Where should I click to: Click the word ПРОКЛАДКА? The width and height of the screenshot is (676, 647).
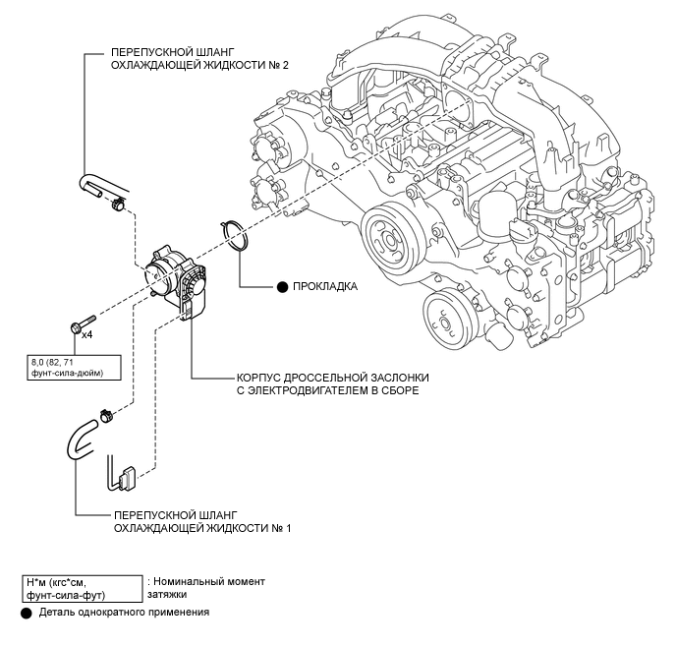click(x=325, y=287)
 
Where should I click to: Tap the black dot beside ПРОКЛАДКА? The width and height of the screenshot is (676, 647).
click(x=282, y=287)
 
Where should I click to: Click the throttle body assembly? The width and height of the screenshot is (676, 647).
click(x=176, y=282)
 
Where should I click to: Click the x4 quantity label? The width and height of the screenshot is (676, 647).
click(x=87, y=334)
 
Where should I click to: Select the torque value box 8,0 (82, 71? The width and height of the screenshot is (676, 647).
click(x=74, y=368)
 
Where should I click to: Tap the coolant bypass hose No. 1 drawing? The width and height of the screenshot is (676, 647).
click(x=81, y=440)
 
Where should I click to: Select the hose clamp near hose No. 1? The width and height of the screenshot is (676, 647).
click(x=106, y=415)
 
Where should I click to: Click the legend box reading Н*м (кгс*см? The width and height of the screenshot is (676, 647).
click(x=82, y=589)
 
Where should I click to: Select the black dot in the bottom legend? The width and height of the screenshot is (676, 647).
click(x=27, y=614)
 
